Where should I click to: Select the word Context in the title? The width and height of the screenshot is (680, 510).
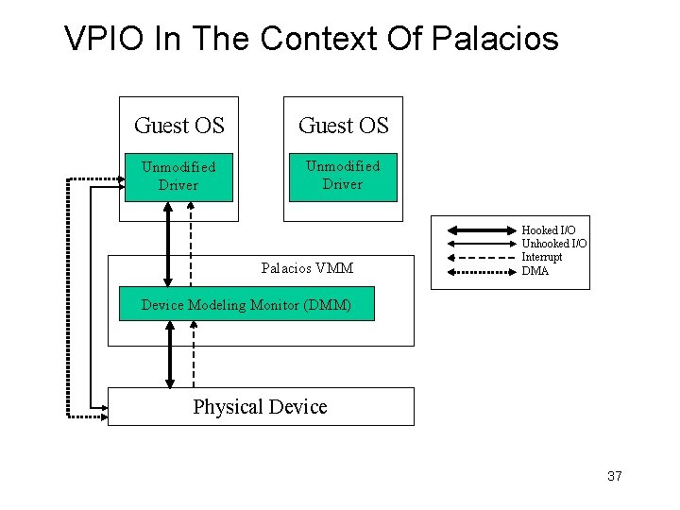[x=319, y=39]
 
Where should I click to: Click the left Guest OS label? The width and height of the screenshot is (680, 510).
[x=179, y=126]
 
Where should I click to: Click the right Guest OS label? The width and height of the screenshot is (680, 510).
[x=343, y=126]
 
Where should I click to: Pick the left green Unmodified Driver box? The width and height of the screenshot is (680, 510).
[x=178, y=177]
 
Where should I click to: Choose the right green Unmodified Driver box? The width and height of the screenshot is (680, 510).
[x=342, y=176]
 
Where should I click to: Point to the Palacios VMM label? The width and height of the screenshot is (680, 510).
[x=307, y=268]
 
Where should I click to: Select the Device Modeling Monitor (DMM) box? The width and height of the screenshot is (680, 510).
[x=246, y=305]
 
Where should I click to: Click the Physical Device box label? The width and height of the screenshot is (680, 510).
[x=260, y=407]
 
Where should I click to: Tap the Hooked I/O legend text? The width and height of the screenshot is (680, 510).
[x=548, y=230]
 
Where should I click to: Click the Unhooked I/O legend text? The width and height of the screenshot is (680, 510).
[x=553, y=244]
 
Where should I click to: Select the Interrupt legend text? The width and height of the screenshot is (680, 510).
[x=541, y=257]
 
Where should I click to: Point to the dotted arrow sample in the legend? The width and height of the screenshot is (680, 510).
[x=479, y=272]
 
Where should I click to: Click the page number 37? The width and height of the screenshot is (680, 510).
[x=614, y=476]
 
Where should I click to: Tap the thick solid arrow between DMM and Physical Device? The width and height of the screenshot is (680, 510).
[x=170, y=354]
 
